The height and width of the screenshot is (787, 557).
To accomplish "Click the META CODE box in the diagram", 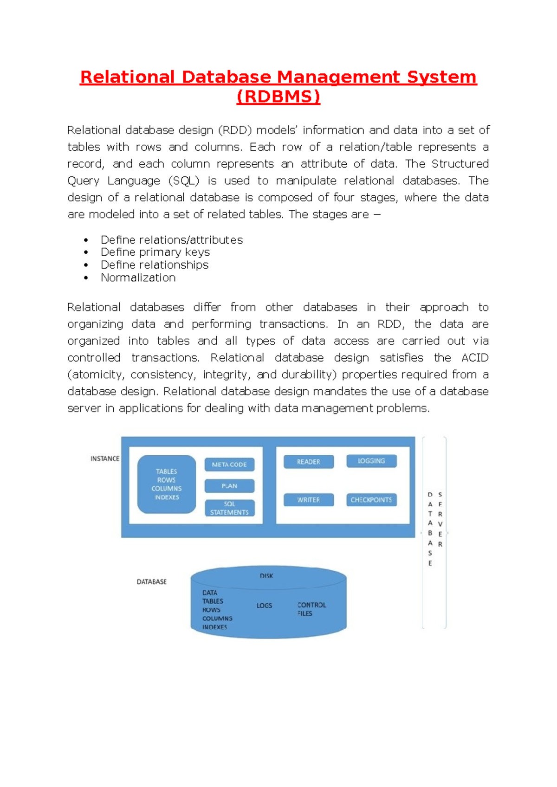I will pyautogui.click(x=229, y=464).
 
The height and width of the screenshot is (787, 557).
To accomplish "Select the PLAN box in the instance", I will pyautogui.click(x=229, y=486).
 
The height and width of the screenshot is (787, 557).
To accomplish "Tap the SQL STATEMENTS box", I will pyautogui.click(x=229, y=508).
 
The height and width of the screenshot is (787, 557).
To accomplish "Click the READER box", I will pyautogui.click(x=309, y=462).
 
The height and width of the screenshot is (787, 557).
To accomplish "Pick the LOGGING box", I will pyautogui.click(x=371, y=461).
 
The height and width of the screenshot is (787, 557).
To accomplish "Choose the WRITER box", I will pyautogui.click(x=309, y=500).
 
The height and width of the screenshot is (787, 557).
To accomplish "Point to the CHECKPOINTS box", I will pyautogui.click(x=371, y=500).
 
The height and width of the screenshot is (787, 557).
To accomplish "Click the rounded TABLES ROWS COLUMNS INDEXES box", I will pyautogui.click(x=167, y=484).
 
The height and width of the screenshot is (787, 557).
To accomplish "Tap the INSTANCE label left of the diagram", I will pyautogui.click(x=105, y=458).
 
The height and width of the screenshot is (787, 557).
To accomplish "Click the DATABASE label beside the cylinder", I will pyautogui.click(x=151, y=581).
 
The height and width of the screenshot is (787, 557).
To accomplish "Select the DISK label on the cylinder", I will pyautogui.click(x=266, y=576).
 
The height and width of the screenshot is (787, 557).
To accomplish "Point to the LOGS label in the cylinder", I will pyautogui.click(x=264, y=606).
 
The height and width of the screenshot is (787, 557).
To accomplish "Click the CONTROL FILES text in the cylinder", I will pyautogui.click(x=311, y=609).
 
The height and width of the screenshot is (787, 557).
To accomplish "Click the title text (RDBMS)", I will pyautogui.click(x=278, y=97).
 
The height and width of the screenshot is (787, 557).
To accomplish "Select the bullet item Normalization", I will pyautogui.click(x=138, y=277).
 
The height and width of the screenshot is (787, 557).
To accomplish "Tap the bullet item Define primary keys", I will pyautogui.click(x=155, y=252).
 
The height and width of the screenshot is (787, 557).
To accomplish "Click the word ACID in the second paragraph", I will pyautogui.click(x=475, y=358).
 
